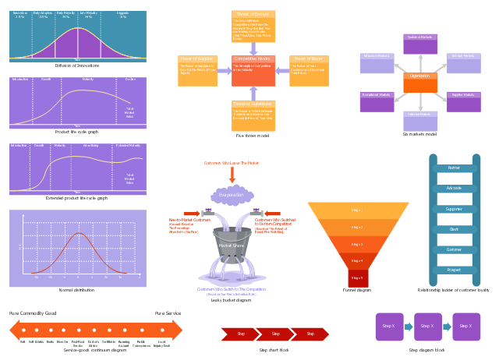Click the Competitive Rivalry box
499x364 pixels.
tap(253, 70)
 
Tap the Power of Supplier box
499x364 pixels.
tap(196, 70)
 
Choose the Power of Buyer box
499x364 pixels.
tap(309, 70)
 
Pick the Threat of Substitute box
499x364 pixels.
tap(253, 115)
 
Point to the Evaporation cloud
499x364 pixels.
tap(232, 195)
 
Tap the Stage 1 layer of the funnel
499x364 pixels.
tap(358, 210)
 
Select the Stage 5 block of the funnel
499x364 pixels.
tap(358, 277)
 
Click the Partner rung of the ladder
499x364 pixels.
tap(454, 168)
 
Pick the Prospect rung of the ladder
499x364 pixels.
tap(454, 270)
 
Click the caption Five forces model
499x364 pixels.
tap(253, 136)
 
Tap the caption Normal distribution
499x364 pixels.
tap(76, 290)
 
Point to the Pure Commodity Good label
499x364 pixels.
tap(33, 313)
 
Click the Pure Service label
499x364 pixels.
tap(168, 313)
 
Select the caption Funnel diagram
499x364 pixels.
tap(358, 290)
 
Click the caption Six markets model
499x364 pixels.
tap(419, 135)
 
